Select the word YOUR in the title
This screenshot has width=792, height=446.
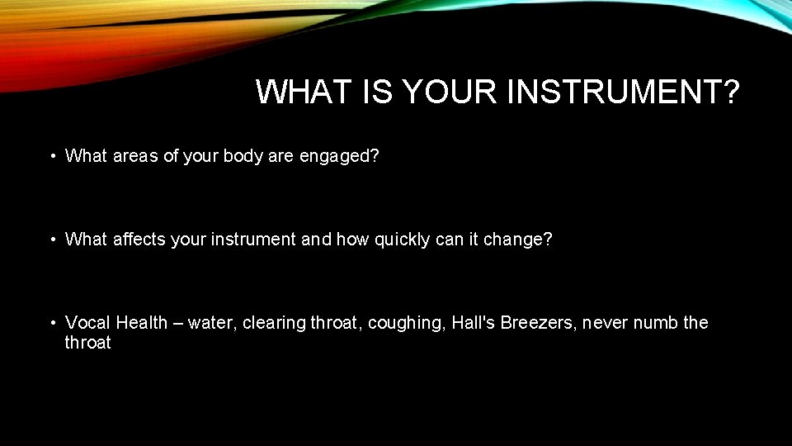(450, 93)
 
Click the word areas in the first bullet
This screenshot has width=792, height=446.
(135, 156)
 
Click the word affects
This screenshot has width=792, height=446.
(139, 240)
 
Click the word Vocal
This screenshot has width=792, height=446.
(88, 323)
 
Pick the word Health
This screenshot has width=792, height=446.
(142, 323)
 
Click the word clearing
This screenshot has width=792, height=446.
(272, 323)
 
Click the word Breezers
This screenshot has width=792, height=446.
(536, 323)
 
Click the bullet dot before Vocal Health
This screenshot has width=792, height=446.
(51, 323)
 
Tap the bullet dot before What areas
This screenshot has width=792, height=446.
(51, 156)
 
